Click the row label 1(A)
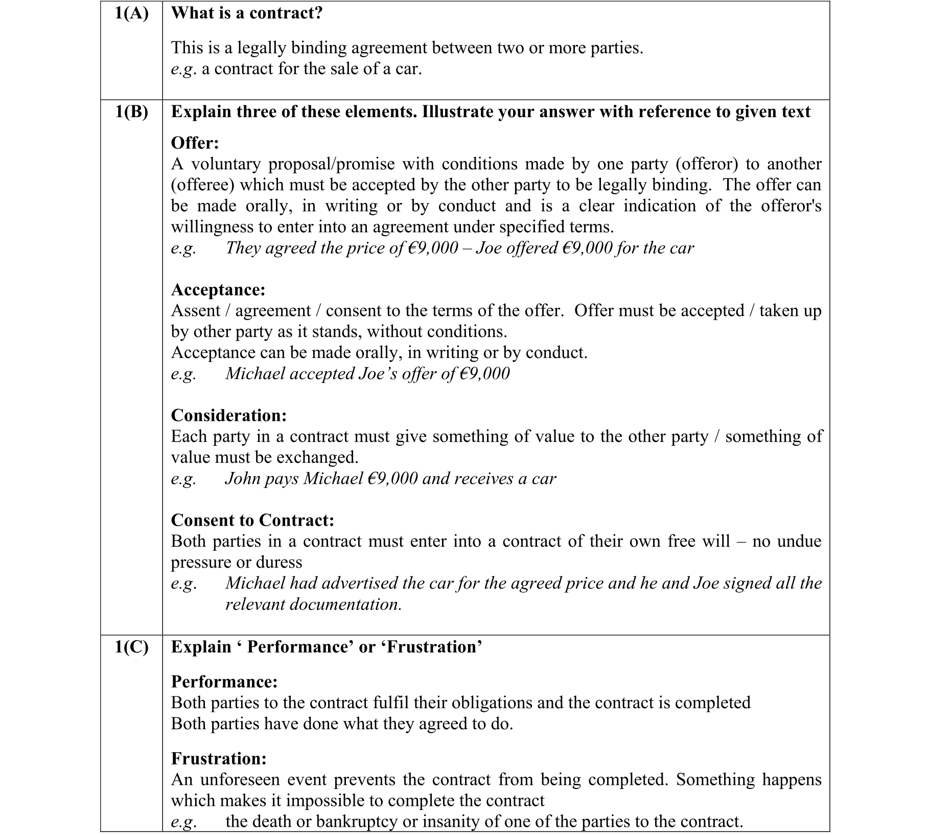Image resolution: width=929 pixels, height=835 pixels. (131, 13)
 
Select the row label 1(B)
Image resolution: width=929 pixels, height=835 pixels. (131, 111)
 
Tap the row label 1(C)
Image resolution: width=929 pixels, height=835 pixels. (131, 647)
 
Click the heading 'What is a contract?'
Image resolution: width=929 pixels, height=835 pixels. (247, 13)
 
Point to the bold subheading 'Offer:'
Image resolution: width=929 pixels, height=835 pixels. (195, 143)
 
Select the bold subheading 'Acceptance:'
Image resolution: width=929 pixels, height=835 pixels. (218, 289)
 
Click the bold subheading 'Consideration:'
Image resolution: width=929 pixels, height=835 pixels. (229, 415)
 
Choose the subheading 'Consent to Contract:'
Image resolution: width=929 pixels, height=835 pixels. (252, 520)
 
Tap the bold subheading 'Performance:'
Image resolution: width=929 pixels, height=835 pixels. (224, 682)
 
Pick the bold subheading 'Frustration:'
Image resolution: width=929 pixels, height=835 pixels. (219, 758)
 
